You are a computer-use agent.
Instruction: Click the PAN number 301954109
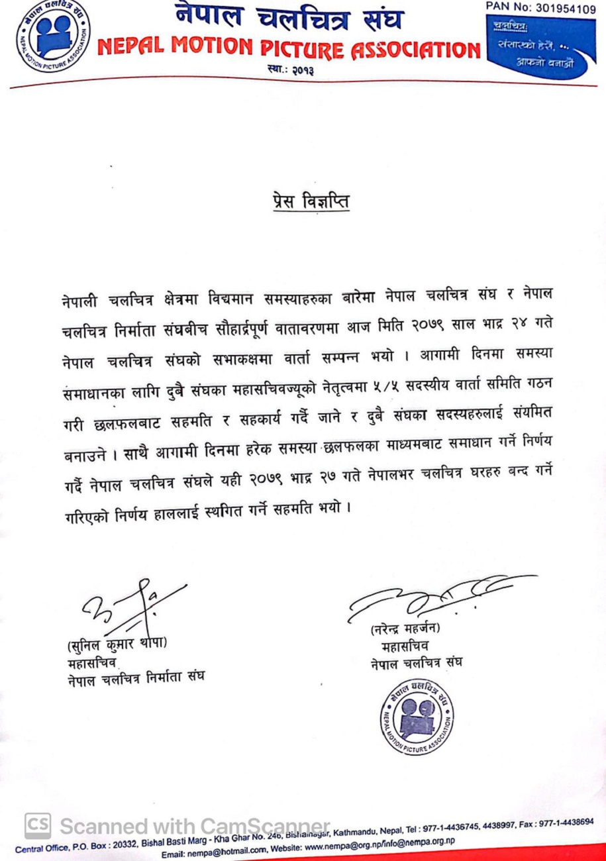coord(544,8)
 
